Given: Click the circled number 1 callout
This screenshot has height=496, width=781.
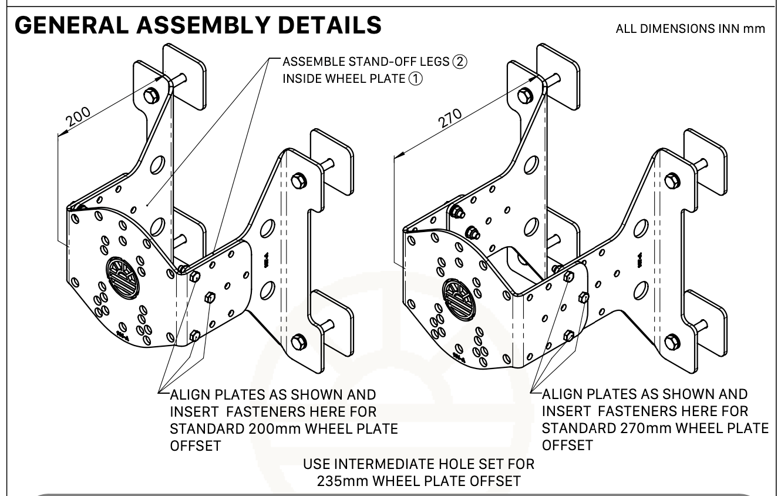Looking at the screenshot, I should coord(413,79).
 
